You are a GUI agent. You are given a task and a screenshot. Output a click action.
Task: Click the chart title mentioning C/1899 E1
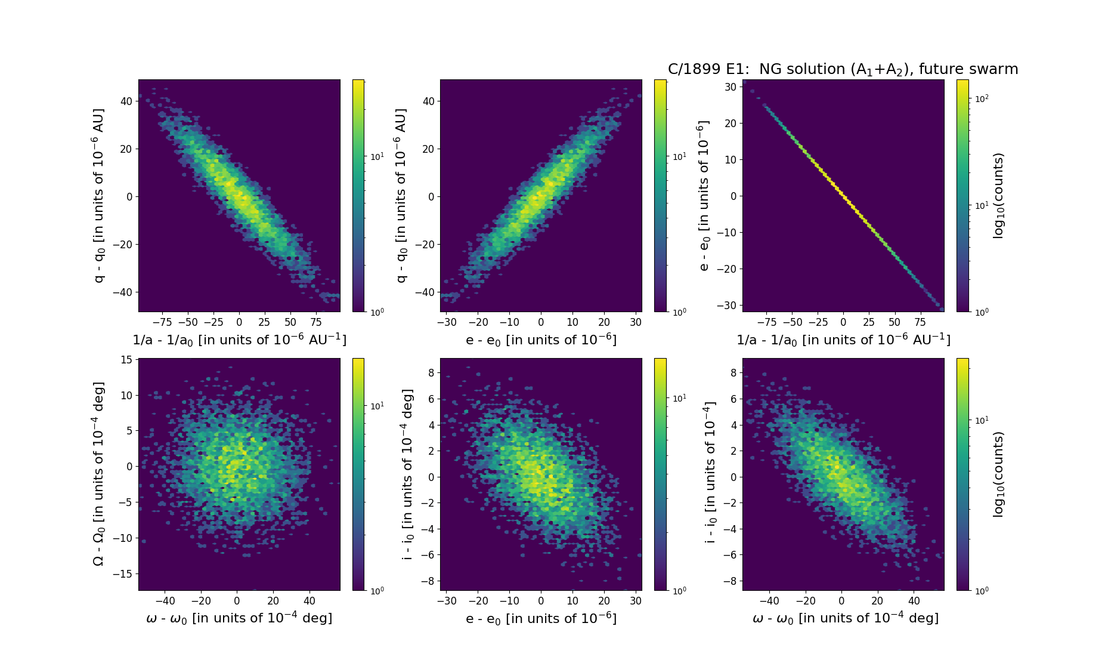click(843, 69)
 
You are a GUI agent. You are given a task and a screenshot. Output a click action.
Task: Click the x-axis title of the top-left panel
click(239, 340)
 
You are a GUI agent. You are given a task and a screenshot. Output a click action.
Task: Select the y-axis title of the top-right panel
click(704, 196)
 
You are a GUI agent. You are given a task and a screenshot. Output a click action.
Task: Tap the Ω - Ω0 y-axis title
click(99, 474)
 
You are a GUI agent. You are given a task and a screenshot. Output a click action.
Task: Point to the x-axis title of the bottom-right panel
click(845, 618)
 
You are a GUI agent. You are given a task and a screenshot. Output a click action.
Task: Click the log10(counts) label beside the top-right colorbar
click(998, 196)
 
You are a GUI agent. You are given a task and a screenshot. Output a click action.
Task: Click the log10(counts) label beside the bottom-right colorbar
click(998, 474)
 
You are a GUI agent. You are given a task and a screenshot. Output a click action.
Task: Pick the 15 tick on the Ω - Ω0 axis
click(126, 360)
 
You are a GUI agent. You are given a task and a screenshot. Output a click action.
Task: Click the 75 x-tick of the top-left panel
click(316, 322)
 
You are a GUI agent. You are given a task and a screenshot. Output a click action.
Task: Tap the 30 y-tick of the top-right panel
click(731, 87)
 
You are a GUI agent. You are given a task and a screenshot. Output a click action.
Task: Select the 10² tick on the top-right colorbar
click(982, 99)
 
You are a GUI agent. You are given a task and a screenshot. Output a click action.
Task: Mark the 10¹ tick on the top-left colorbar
click(377, 157)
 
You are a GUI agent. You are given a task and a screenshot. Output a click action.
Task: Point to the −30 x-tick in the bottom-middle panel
click(447, 601)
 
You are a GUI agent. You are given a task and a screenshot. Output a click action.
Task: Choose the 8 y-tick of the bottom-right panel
click(733, 372)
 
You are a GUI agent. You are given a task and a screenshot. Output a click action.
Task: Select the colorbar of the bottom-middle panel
click(660, 474)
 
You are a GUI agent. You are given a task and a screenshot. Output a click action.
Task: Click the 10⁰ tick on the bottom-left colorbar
click(377, 591)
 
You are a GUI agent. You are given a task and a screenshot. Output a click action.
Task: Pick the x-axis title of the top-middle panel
click(541, 340)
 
